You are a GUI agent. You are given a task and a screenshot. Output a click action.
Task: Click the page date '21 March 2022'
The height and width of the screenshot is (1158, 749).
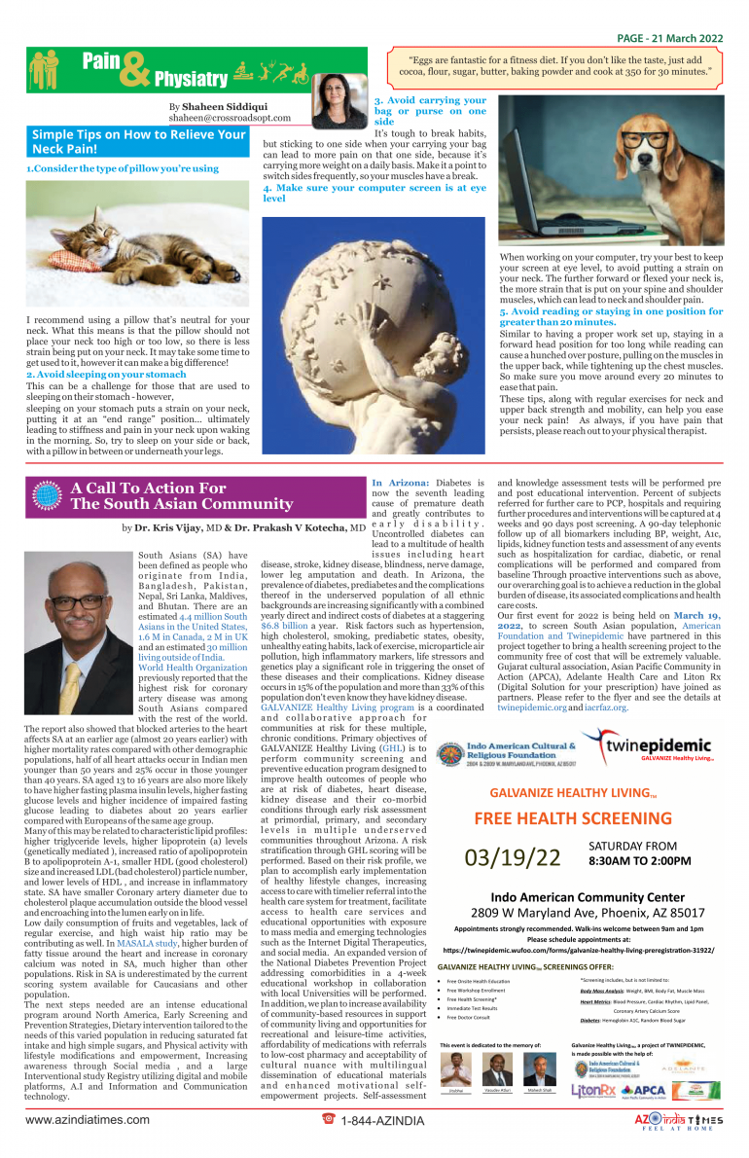(687, 38)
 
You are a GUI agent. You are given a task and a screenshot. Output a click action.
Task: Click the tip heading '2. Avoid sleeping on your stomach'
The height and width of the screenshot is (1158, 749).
(106, 374)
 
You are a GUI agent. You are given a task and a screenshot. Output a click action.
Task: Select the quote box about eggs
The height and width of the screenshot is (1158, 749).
(555, 65)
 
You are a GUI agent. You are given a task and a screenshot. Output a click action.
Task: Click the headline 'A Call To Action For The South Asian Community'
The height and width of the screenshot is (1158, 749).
(181, 496)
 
